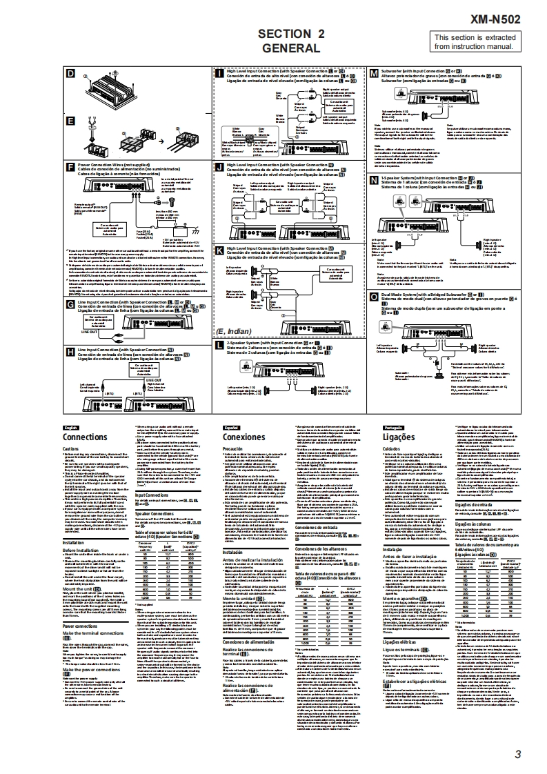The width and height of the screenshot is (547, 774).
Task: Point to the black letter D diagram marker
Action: (70, 73)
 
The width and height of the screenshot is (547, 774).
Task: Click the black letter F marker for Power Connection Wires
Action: (70, 166)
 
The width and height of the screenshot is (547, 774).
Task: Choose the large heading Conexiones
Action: (244, 437)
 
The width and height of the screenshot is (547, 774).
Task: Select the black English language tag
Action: (71, 428)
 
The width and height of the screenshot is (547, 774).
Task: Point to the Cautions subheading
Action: (72, 448)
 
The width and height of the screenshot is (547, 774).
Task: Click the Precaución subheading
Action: (235, 448)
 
